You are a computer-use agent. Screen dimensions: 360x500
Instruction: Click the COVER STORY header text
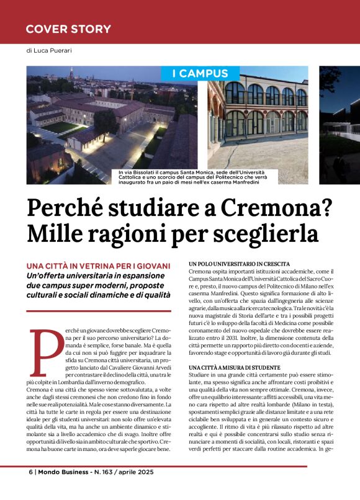68,29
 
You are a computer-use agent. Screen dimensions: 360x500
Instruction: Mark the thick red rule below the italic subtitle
98,310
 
